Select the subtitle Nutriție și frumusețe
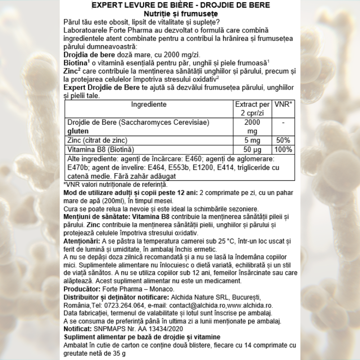tap(179, 13)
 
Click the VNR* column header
tap(283, 105)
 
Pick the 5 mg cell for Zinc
tap(252, 140)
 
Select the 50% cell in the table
tap(283, 140)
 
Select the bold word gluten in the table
tap(77, 131)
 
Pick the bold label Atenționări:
tap(81, 241)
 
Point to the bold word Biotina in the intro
tap(76, 63)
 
